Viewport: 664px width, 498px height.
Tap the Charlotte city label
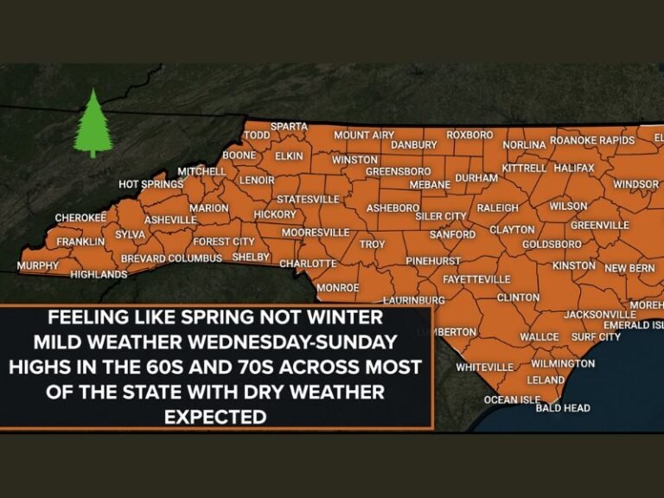click(307, 263)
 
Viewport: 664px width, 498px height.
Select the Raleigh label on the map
click(497, 207)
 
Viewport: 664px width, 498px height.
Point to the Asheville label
click(170, 220)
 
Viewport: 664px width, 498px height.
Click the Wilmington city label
click(563, 363)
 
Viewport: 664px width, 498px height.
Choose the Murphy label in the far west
click(38, 265)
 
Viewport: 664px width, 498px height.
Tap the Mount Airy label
click(363, 135)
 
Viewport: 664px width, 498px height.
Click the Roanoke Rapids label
click(592, 140)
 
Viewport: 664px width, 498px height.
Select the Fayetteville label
click(476, 279)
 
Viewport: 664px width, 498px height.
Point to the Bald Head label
click(563, 407)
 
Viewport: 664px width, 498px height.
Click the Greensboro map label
click(398, 171)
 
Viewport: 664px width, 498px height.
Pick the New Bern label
click(629, 268)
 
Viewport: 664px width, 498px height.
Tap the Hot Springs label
click(150, 184)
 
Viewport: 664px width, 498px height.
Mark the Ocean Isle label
click(512, 399)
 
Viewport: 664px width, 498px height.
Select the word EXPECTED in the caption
click(215, 417)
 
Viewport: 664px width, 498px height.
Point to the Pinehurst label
click(433, 260)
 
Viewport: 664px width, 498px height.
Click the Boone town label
click(239, 156)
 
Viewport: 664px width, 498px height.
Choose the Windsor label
click(635, 184)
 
